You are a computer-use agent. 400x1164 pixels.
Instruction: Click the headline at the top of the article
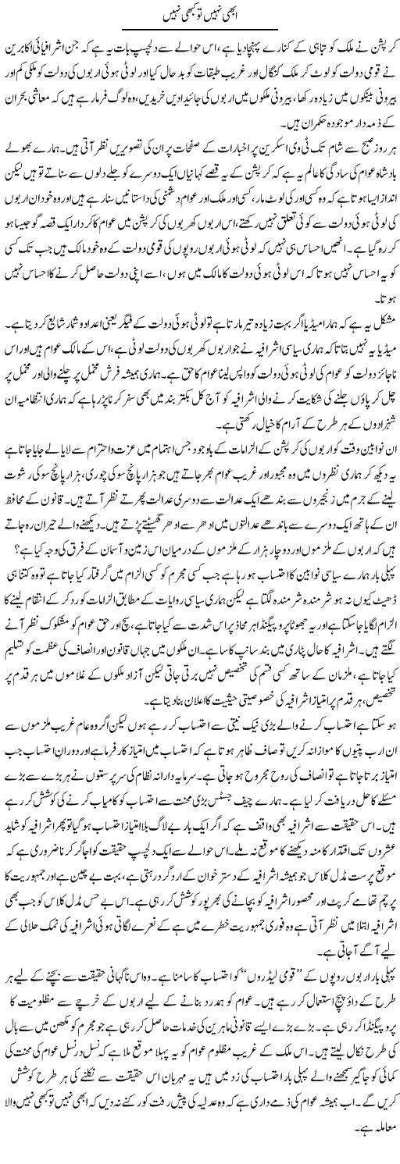[200, 14]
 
